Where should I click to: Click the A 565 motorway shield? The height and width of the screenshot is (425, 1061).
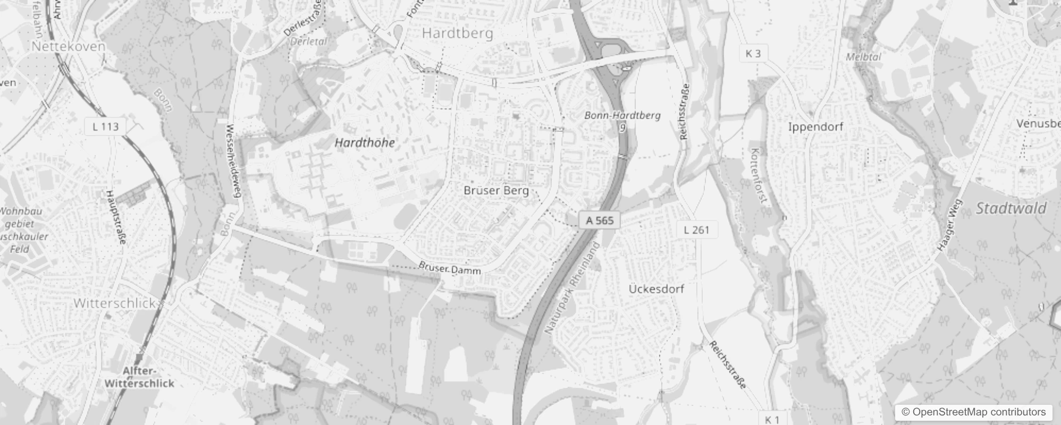pos(600,220)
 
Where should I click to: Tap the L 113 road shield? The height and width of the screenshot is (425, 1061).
pos(105,126)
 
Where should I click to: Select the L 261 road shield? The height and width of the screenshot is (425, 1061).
pos(696,230)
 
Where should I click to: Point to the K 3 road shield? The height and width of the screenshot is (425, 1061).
pos(753,53)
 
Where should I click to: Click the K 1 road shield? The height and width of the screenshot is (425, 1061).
pos(772,419)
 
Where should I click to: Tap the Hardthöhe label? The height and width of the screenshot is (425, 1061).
pos(365,142)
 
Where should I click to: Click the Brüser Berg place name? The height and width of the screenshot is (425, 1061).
pos(496,190)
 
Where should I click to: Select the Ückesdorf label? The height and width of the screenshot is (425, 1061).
pos(656,289)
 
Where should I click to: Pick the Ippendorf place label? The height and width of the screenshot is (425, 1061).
pos(815,126)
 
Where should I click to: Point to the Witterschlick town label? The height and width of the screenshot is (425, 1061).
pos(114,303)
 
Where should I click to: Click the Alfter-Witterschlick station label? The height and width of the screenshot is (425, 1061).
pos(139,377)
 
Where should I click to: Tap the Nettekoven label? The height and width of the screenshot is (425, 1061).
pos(69,46)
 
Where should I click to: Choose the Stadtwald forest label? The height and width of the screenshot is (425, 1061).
pos(1011,208)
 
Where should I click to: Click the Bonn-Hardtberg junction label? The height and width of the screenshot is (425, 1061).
pos(622,115)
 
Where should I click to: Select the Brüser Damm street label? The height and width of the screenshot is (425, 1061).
pos(450,268)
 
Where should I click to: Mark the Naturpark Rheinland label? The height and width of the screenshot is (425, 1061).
pos(572,288)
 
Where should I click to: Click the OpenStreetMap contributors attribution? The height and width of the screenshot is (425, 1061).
pos(973,412)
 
